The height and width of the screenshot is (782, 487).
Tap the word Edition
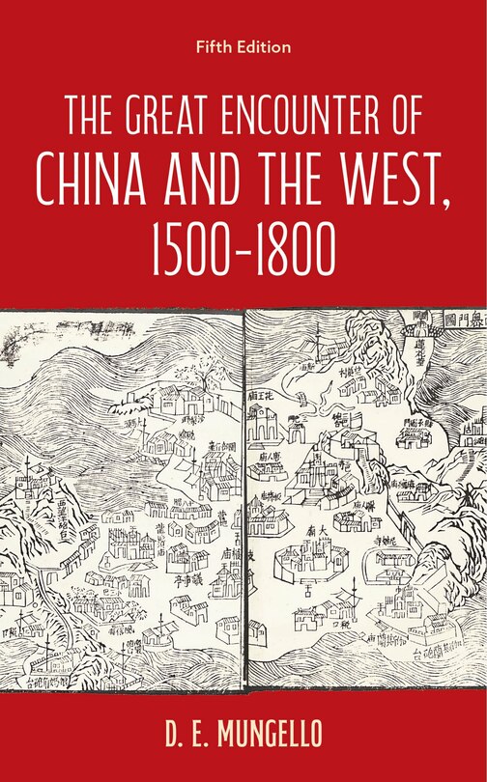coord(265,45)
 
